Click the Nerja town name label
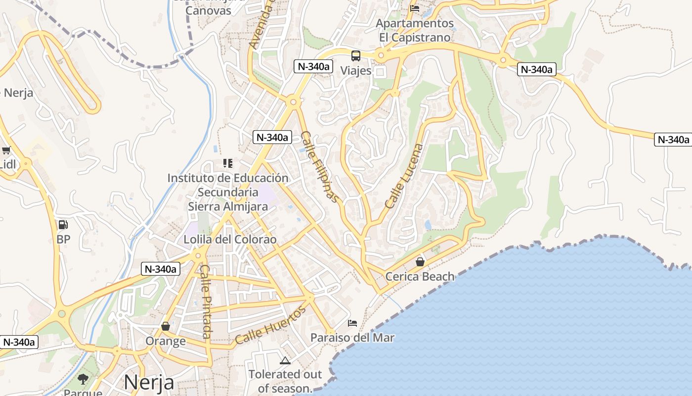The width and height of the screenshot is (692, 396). click(x=149, y=383)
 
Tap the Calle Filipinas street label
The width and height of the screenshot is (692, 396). click(x=321, y=167)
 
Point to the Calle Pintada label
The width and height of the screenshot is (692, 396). click(x=206, y=302)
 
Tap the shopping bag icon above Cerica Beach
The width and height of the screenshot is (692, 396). click(x=420, y=261)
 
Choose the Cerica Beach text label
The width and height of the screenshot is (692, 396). click(x=420, y=277)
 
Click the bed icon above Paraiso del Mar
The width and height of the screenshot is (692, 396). click(x=352, y=323)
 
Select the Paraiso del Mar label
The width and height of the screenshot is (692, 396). click(x=352, y=338)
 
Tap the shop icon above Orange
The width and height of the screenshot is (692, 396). click(x=166, y=326)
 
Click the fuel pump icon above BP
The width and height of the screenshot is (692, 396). click(x=63, y=225)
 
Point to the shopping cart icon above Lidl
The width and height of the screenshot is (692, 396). click(x=6, y=150)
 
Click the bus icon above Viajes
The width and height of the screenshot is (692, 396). click(x=356, y=55)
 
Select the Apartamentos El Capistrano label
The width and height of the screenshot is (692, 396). click(x=415, y=30)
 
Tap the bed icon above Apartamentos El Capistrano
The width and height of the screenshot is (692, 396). click(x=415, y=8)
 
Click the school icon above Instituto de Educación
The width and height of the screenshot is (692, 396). click(x=228, y=163)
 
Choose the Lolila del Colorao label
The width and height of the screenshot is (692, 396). click(x=230, y=240)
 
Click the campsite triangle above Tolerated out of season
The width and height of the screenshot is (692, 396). click(x=285, y=360)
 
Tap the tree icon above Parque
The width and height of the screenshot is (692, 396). click(x=83, y=379)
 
